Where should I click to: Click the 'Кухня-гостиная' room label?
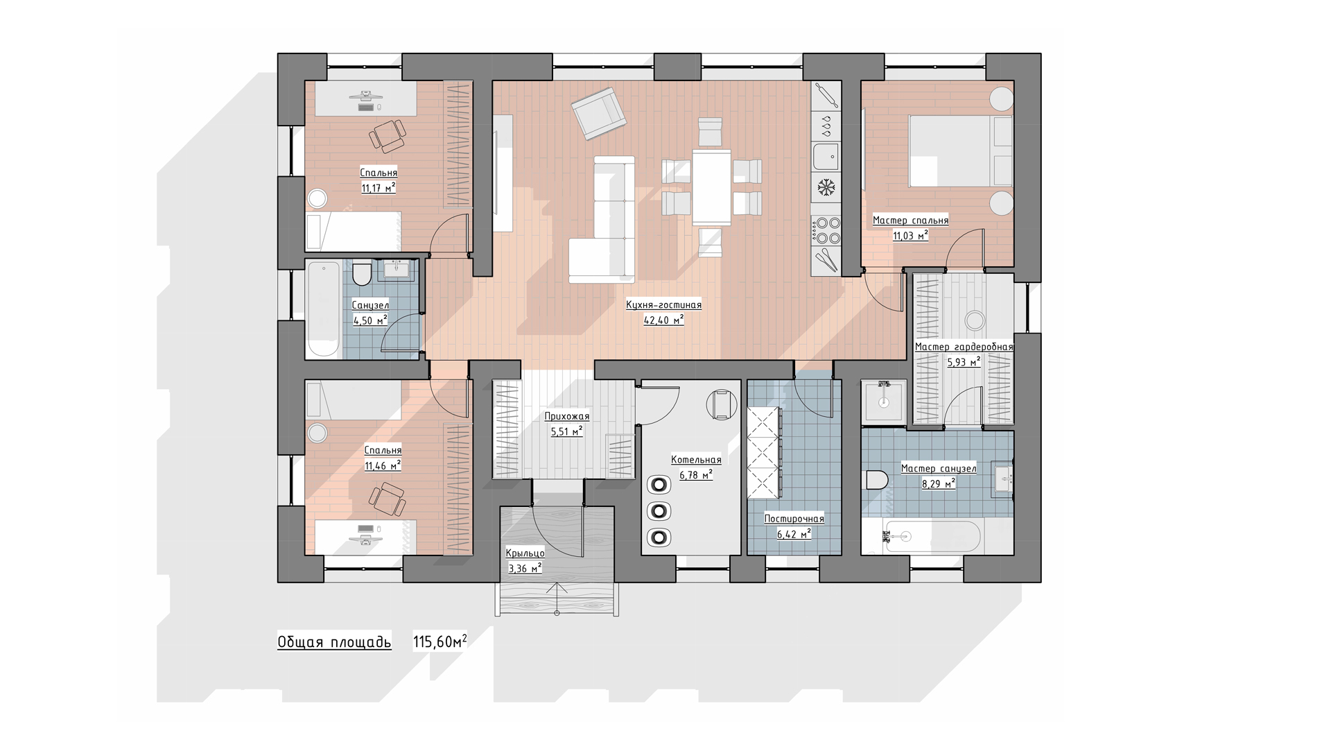pos(663,304)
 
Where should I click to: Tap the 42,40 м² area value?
pos(663,320)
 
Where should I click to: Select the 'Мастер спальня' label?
pos(910,221)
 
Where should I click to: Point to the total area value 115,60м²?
pos(440,642)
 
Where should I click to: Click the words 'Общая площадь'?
pos(334,642)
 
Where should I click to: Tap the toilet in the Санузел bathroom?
pos(362,275)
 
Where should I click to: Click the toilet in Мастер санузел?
pos(877,480)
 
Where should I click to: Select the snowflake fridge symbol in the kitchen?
pos(826,187)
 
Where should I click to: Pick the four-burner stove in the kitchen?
pos(826,231)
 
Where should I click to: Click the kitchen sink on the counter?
pos(826,157)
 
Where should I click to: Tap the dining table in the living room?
pos(711,187)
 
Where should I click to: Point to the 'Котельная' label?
pos(696,460)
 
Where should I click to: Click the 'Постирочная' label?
pos(794,519)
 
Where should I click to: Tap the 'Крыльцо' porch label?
pos(525,553)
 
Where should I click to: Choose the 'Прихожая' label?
pos(566,417)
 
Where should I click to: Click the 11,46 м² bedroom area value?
pos(383,466)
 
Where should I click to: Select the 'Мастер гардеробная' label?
pos(964,347)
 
